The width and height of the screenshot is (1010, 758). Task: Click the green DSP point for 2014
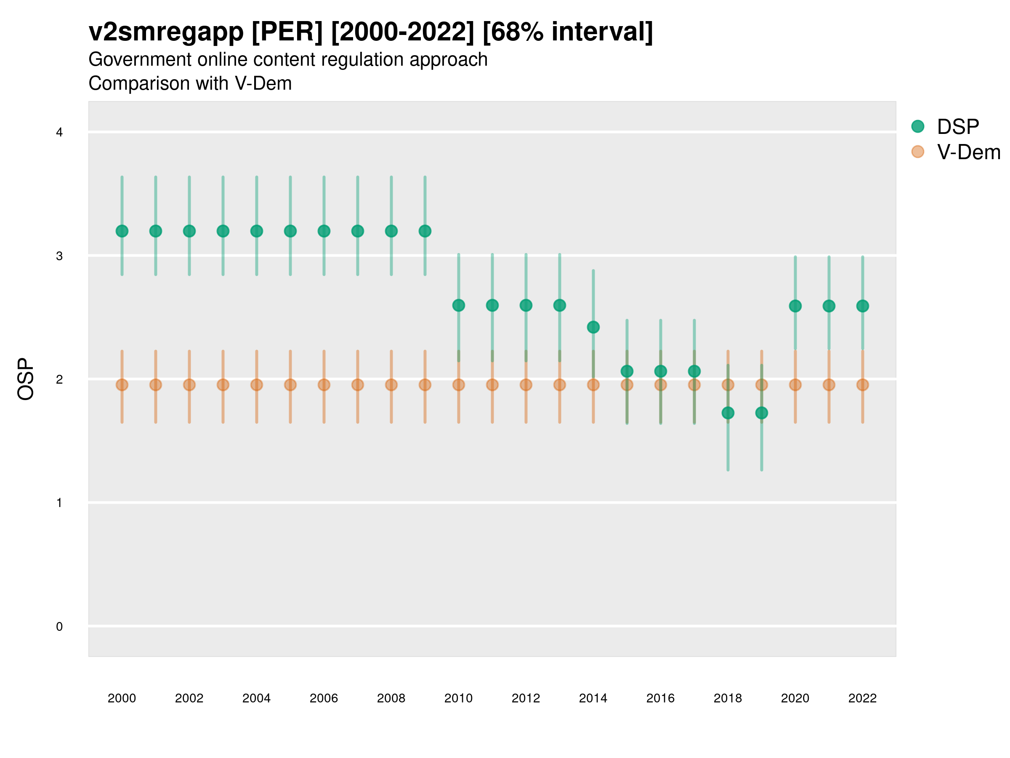coord(593,327)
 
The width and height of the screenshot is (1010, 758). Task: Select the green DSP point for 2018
coord(728,413)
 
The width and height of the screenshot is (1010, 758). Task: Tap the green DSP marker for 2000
coord(122,231)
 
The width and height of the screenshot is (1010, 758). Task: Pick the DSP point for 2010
coord(458,305)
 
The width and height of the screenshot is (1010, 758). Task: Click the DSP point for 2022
coord(863,306)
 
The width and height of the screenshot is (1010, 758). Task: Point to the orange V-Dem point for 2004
coord(257,385)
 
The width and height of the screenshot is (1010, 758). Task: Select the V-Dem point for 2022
coord(863,385)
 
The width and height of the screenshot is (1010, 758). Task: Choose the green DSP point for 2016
coord(661,371)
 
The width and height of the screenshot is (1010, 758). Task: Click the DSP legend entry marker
coord(917,127)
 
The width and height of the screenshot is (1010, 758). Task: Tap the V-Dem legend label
coord(968,152)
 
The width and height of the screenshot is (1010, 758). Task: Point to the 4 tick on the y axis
coord(59,133)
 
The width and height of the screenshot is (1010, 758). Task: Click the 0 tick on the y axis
coord(59,627)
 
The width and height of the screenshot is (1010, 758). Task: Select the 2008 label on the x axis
coord(391,698)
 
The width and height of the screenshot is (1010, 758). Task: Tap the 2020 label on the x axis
coord(795,698)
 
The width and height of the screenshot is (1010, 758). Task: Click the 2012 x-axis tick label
coord(526,698)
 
